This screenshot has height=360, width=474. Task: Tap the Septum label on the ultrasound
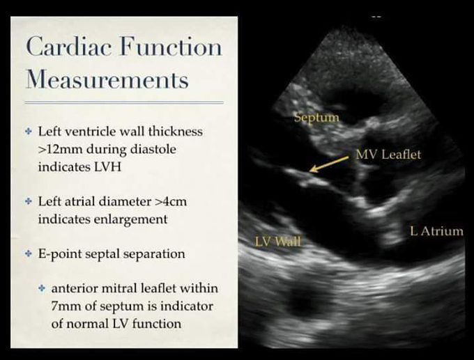point(316,117)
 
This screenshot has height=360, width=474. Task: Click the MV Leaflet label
point(388,154)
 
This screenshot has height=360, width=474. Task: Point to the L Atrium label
point(436,231)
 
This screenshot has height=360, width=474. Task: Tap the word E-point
point(60,253)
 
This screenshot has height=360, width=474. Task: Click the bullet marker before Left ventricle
point(28,131)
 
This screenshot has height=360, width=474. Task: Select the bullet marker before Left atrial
point(28,201)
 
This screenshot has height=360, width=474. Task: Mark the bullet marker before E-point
point(28,253)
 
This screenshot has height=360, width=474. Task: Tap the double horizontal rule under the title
point(124,103)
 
